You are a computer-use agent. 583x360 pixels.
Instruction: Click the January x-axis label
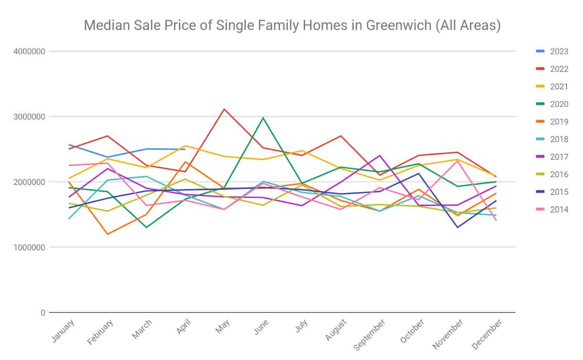click(63, 330)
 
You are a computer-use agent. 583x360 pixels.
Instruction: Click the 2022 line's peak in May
click(224, 109)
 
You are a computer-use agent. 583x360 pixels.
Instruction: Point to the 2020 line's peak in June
click(263, 118)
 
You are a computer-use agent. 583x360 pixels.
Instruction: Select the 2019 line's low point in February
click(108, 234)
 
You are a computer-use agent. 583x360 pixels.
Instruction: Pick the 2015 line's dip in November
click(458, 227)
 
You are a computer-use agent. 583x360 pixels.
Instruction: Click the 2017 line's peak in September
click(380, 155)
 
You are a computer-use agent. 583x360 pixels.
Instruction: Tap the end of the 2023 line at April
click(185, 149)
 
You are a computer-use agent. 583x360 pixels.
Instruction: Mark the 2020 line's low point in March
click(146, 227)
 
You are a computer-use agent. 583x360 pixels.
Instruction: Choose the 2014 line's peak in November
click(458, 160)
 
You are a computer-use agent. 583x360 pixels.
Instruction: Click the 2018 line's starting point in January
click(69, 219)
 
